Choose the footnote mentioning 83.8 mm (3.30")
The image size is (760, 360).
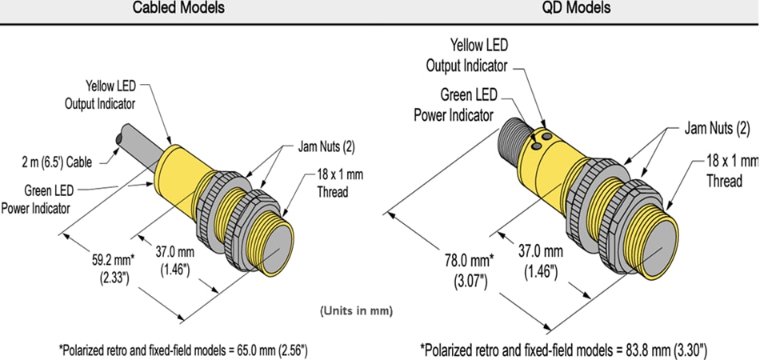pyautogui.click(x=563, y=350)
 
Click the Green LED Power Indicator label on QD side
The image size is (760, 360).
pyautogui.click(x=454, y=104)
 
